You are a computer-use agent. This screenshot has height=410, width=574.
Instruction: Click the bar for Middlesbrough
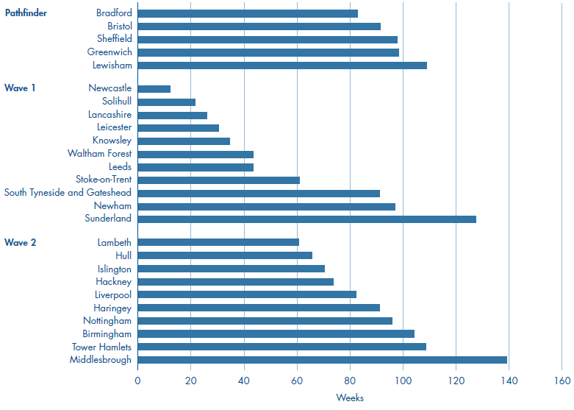322,360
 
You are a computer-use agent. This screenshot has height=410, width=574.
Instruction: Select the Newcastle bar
154,89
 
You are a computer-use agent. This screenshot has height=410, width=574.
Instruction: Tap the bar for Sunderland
306,219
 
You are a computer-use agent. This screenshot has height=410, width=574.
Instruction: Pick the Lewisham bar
281,66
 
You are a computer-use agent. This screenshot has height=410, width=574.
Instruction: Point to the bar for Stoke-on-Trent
218,180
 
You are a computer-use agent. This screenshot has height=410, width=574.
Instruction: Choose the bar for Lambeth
218,242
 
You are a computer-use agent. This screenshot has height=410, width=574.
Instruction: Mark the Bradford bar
247,13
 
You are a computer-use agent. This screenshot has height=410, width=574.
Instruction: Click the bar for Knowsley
184,141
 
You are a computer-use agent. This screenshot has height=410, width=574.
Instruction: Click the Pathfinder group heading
26,13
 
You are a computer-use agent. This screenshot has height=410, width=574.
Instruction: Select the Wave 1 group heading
21,88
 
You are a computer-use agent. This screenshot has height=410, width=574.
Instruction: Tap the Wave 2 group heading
21,242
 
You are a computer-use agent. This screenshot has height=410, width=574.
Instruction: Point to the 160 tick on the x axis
562,381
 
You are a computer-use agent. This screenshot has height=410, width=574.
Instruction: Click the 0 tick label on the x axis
137,381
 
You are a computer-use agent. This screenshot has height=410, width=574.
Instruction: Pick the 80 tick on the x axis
350,381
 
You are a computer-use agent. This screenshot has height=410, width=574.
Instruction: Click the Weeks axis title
350,398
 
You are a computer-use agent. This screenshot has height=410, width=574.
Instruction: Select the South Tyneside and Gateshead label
68,193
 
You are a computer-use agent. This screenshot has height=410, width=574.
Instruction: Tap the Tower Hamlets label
101,347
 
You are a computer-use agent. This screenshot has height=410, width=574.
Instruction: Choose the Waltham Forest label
99,154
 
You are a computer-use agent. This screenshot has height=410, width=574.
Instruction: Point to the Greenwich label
110,52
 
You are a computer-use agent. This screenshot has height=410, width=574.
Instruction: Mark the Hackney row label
113,282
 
